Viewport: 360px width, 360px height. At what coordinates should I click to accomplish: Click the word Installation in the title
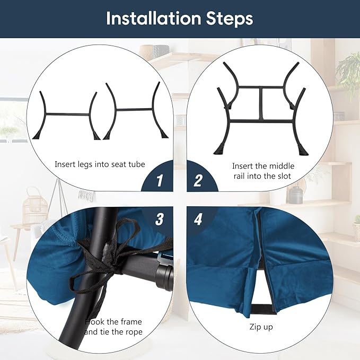pyautogui.click(x=154, y=19)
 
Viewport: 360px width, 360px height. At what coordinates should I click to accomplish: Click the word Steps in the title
pyautogui.click(x=230, y=19)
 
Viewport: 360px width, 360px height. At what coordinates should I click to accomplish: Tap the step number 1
pyautogui.click(x=160, y=180)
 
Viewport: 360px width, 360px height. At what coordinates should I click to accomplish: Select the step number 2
pyautogui.click(x=198, y=180)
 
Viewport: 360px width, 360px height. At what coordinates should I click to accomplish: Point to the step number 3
pyautogui.click(x=160, y=219)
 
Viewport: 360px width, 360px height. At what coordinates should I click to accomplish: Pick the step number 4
pyautogui.click(x=198, y=219)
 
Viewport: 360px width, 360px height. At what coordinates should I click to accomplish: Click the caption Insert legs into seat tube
pyautogui.click(x=100, y=164)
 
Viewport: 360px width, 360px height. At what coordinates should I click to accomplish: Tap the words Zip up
pyautogui.click(x=261, y=327)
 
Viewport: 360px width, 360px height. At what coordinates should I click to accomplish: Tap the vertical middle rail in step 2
pyautogui.click(x=261, y=103)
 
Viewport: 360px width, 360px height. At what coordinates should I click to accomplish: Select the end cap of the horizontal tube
pyautogui.click(x=164, y=277)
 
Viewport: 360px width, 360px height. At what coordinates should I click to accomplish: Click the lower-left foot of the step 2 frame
pyautogui.click(x=219, y=149)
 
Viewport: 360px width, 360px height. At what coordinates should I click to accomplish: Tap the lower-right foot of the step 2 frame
pyautogui.click(x=302, y=150)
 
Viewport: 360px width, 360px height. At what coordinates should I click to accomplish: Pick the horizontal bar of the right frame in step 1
pyautogui.click(x=134, y=110)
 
